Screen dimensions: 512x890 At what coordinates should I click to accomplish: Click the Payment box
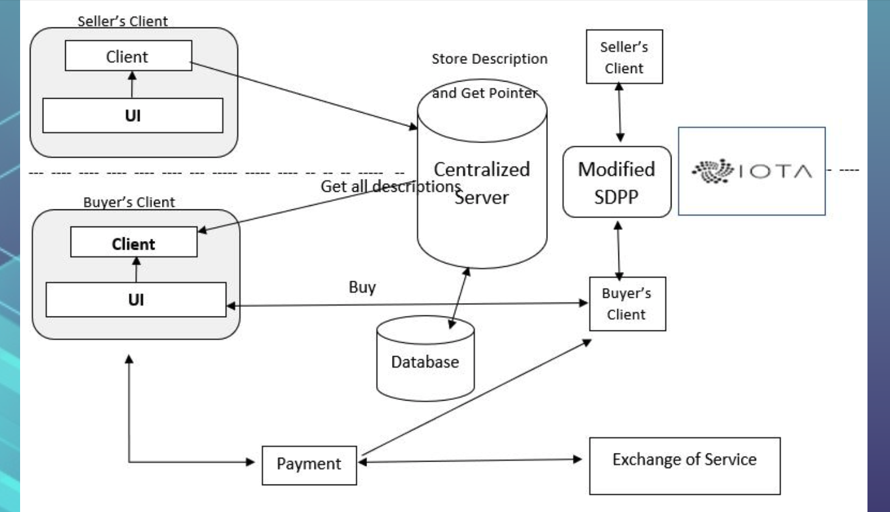coord(309,465)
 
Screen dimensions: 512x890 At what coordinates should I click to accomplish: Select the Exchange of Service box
coord(684,466)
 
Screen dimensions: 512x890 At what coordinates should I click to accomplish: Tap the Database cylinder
coord(425,362)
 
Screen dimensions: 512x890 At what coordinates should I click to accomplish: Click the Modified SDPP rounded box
coord(617,182)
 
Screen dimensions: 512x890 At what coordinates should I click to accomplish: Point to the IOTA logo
coord(751,171)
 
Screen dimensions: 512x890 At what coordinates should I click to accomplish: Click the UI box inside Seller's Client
coord(133,116)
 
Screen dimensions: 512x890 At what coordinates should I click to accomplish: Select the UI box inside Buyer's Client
coord(136,300)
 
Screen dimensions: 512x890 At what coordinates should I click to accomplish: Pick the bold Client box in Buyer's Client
coord(133,243)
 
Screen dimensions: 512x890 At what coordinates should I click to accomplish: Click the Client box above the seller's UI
coord(128,56)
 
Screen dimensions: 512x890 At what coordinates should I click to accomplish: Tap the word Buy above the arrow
coord(362,287)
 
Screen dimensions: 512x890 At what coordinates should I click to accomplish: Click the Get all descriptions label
coord(390,186)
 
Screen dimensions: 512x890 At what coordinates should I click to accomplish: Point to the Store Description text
coord(489,59)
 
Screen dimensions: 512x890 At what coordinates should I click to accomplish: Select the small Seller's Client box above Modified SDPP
coord(624,57)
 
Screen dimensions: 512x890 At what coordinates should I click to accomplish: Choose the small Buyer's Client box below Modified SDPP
coord(627,304)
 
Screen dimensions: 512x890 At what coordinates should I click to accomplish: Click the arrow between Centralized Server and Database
coord(459,298)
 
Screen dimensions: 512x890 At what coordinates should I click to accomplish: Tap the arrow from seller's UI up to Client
coord(132,85)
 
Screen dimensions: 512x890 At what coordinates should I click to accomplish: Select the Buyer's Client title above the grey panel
coord(129,202)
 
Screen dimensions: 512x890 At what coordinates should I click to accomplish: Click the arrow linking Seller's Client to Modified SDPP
coord(620,113)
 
